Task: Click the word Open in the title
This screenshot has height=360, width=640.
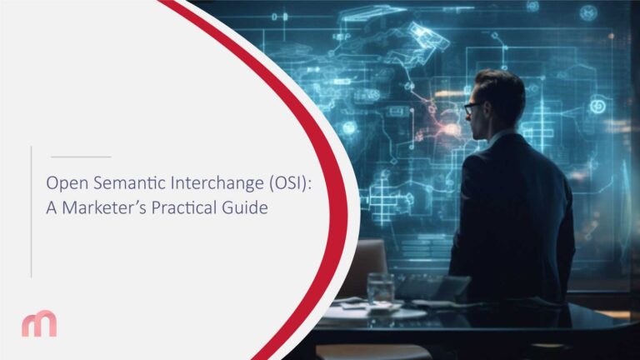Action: pyautogui.click(x=63, y=182)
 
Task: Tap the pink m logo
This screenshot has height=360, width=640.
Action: pyautogui.click(x=39, y=323)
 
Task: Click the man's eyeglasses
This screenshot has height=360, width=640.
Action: pyautogui.click(x=472, y=107)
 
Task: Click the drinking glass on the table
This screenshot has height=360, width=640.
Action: pyautogui.click(x=380, y=287)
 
